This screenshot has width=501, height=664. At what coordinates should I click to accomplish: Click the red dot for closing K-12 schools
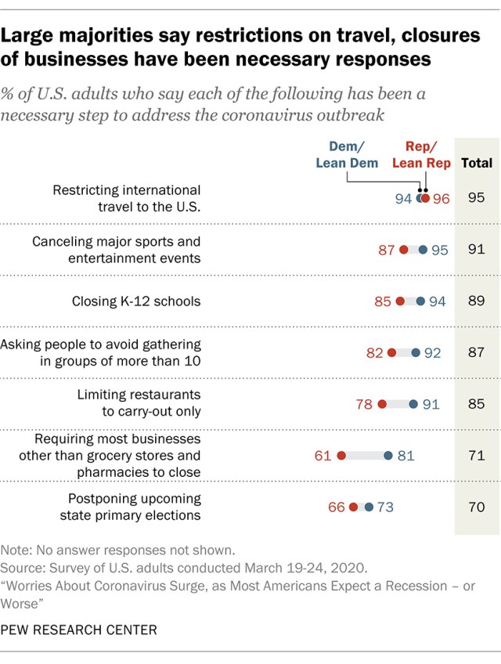[400, 301]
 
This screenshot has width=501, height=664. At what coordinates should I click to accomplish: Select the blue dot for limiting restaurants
[413, 404]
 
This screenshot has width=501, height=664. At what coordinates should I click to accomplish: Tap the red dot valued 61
[341, 455]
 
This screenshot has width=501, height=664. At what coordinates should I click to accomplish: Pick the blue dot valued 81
[387, 455]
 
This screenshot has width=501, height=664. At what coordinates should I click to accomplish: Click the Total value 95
[476, 198]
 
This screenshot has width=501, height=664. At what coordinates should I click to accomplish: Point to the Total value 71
[476, 455]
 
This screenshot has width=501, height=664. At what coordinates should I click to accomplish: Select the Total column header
[477, 163]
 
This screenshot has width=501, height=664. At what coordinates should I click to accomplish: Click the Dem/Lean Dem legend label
[347, 154]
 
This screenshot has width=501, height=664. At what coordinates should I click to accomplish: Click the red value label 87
[387, 250]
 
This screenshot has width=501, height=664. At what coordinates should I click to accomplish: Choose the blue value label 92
[433, 353]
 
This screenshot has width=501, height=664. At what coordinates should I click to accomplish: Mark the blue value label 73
[384, 507]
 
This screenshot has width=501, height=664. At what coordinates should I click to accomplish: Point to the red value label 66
[337, 507]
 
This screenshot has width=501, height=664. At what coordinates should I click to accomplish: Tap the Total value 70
[476, 507]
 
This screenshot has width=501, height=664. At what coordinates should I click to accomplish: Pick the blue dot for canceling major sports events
[423, 250]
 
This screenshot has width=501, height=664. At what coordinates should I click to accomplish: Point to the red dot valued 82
[391, 353]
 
